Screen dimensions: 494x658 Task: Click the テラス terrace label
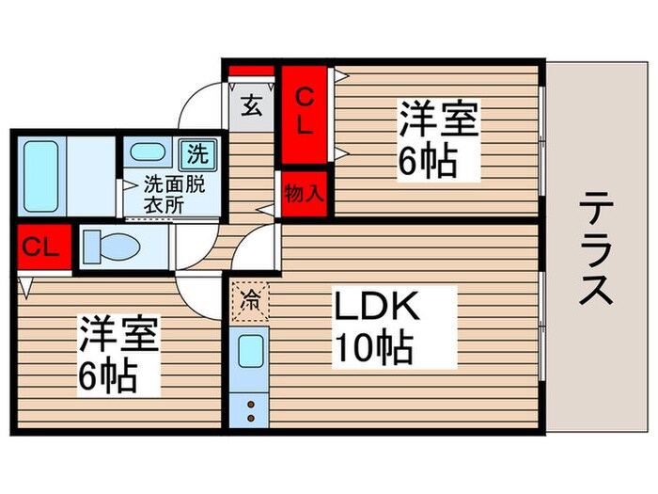coord(596,248)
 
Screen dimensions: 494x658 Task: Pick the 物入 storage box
coord(304,194)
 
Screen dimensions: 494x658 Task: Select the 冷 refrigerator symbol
coord(251,302)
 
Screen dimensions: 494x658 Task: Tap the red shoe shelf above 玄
coord(252,71)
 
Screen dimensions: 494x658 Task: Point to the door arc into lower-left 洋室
coord(196,299)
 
